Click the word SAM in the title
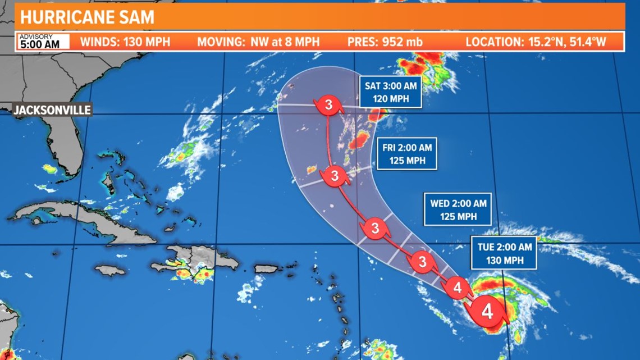136,17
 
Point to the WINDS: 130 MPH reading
125,42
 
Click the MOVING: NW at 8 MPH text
258,42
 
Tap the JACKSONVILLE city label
52,110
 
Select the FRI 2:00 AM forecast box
407,154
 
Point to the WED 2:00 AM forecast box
458,209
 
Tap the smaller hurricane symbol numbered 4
457,288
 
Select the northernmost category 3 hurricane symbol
328,104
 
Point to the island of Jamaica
110,271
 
